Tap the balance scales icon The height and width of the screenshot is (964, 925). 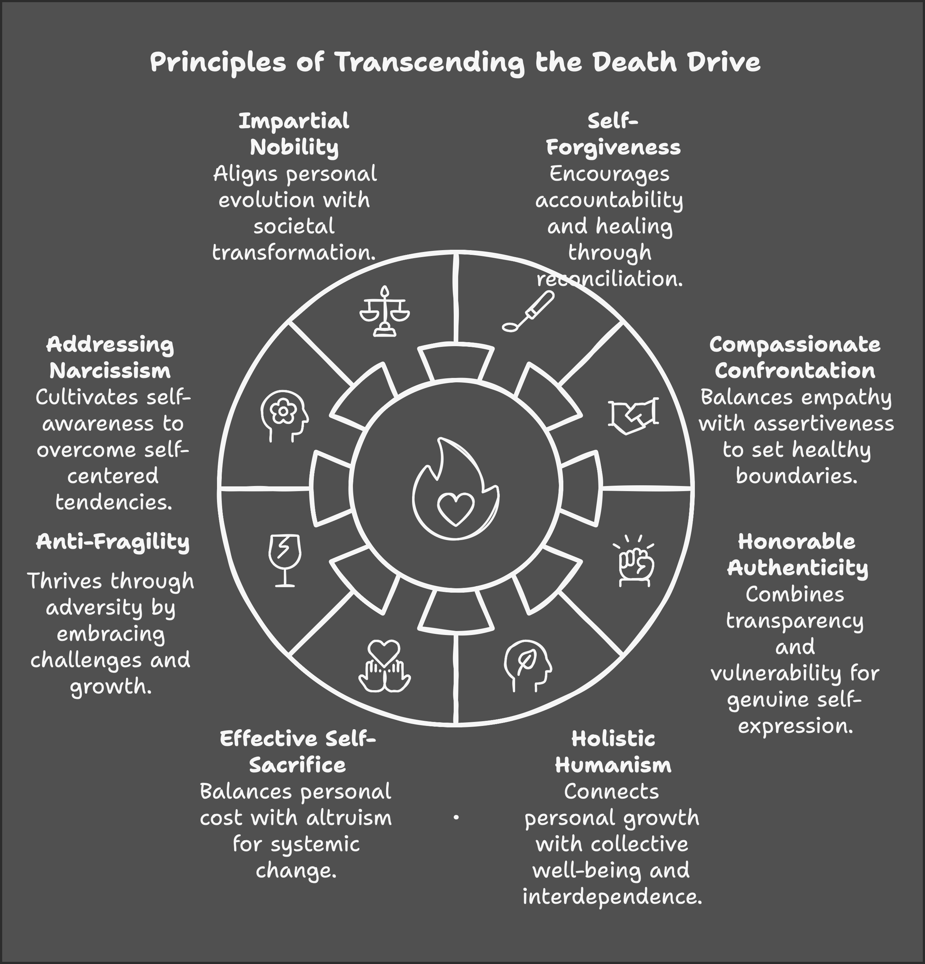384,311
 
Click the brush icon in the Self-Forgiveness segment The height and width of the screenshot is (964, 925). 528,311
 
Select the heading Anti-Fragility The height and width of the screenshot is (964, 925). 113,542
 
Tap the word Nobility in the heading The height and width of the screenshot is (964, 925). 294,147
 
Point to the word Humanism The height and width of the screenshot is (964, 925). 613,765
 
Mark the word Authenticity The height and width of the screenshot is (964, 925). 798,568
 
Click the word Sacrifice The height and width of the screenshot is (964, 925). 297,765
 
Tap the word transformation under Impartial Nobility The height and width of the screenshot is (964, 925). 294,253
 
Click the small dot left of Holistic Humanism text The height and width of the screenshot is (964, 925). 456,818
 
